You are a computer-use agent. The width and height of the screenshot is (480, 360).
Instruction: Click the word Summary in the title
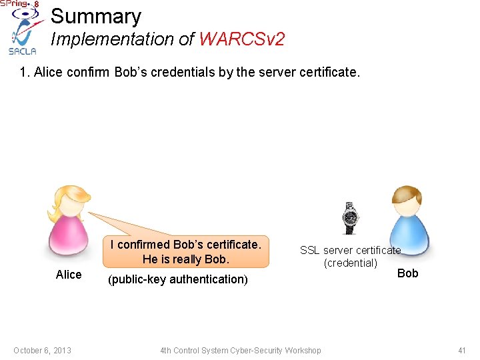click(96, 16)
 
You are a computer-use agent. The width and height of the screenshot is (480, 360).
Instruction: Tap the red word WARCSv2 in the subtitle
click(241, 39)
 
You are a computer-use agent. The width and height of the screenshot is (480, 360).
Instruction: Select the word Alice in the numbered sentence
click(48, 72)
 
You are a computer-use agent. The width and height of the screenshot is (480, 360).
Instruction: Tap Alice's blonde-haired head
click(69, 201)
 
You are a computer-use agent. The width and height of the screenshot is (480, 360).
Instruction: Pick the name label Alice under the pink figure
click(69, 275)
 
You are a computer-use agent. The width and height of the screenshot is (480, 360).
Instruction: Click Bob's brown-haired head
click(406, 201)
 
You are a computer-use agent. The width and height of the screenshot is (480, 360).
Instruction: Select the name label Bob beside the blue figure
click(407, 273)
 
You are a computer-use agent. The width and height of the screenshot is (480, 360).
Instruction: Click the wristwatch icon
click(349, 218)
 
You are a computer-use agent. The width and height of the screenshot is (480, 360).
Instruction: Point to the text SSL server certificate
click(350, 250)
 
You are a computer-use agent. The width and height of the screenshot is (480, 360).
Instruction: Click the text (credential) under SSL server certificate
click(350, 263)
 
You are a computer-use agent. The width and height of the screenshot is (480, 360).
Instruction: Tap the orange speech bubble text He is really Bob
click(185, 259)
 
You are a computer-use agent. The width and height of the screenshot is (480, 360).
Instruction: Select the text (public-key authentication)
click(177, 279)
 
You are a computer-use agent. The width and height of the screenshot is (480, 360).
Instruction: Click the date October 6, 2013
click(42, 351)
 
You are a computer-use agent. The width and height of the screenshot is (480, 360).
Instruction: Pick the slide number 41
click(461, 351)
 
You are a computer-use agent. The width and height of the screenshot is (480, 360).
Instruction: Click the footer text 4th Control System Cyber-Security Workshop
click(240, 351)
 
